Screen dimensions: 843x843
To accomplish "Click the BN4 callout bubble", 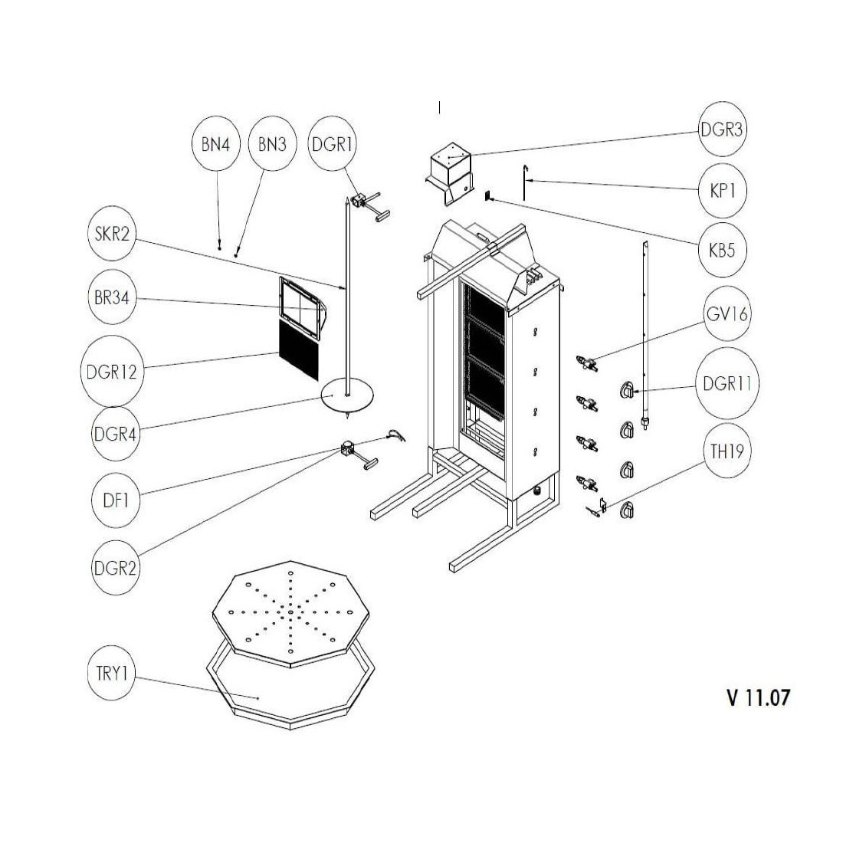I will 216,144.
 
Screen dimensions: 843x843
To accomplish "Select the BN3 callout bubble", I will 273,144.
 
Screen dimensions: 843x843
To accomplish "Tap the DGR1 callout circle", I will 333,144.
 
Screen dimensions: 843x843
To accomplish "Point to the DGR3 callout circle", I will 722,130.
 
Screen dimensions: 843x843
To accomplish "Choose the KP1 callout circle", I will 722,191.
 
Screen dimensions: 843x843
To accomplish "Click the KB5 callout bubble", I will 722,250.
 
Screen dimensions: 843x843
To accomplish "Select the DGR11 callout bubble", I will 726,384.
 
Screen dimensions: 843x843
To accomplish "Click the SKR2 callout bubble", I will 110,235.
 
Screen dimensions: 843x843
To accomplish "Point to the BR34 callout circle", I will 110,299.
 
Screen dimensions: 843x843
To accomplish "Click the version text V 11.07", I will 757,697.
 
